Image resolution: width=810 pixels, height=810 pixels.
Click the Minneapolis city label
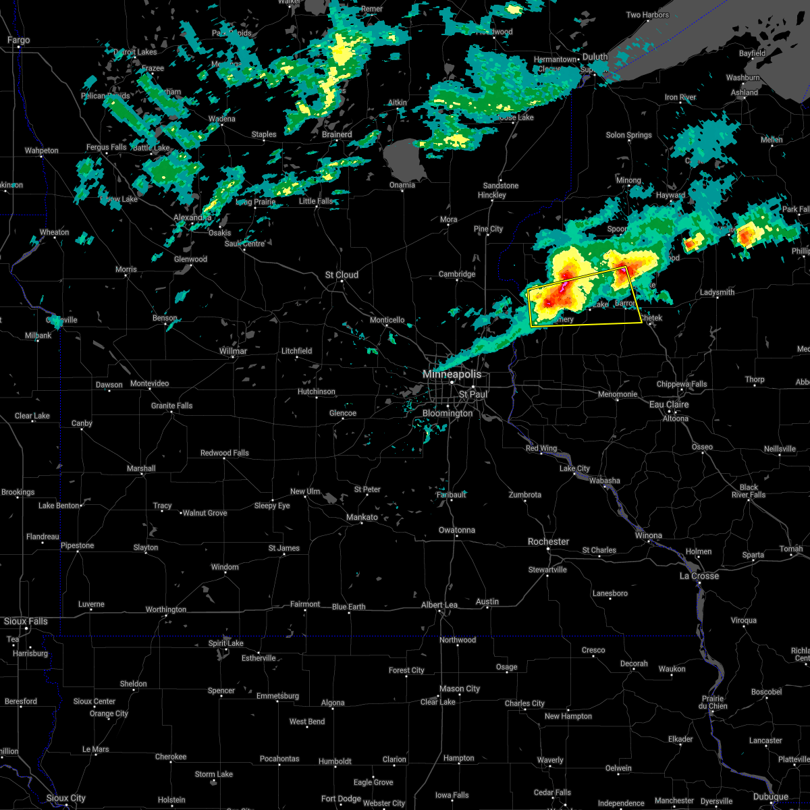(452, 374)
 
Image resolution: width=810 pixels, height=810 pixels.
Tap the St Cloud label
(342, 275)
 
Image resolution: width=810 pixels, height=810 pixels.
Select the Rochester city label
(548, 541)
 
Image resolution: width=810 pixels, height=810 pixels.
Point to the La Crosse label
(699, 576)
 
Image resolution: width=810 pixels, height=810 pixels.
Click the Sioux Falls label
(26, 621)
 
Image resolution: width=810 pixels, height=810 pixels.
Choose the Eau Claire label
(669, 404)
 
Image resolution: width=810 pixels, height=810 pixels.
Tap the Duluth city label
(595, 57)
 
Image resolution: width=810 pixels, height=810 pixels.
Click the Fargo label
(18, 40)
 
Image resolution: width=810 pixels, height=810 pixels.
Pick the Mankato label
(362, 517)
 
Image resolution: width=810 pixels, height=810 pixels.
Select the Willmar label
(234, 351)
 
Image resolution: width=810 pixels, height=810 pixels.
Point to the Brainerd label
(336, 134)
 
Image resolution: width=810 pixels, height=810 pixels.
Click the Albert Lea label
(439, 605)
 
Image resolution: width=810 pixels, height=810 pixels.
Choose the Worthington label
(166, 610)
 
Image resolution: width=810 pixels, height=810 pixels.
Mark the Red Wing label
(541, 449)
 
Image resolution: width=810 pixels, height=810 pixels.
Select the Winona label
(649, 535)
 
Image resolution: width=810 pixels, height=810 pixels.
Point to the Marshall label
(140, 468)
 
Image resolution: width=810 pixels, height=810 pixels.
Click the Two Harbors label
(647, 15)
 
